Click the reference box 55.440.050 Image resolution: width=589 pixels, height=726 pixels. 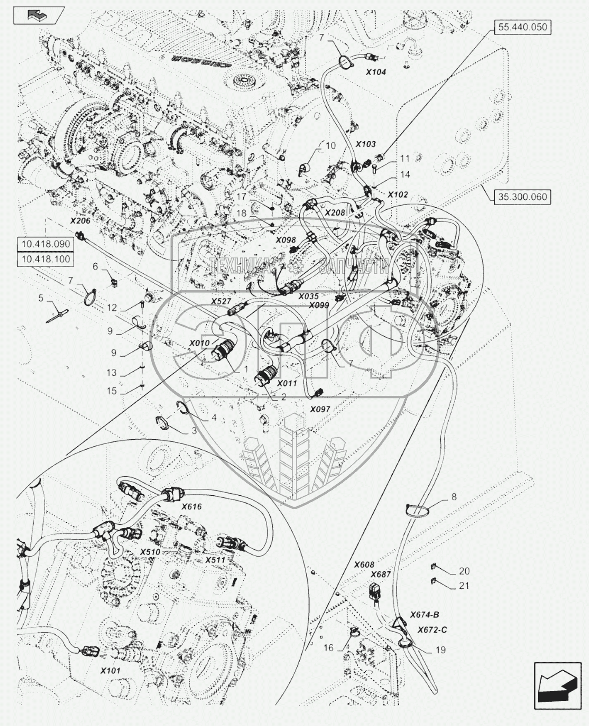coord(523,27)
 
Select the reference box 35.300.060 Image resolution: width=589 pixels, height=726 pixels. coord(523,197)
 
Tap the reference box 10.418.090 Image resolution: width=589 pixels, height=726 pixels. coord(46,244)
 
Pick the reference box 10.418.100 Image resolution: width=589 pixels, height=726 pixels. coord(46,259)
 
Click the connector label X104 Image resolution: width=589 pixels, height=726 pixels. coord(376,72)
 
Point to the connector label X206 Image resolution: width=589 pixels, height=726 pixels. coord(80,221)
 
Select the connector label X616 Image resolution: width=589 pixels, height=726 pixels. coord(192,507)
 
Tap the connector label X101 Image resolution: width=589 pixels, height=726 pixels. coord(110,671)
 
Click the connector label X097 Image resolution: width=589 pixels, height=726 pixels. coord(320,409)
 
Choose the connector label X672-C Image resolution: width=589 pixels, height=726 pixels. coord(432,630)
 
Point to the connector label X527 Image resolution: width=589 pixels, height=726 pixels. coord(222,302)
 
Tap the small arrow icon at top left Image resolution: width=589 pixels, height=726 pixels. coord(39,16)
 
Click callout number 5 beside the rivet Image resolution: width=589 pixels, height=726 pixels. coord(41,298)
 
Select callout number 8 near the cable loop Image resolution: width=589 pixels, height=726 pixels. coord(454,497)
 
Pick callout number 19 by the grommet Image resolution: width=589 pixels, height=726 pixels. coord(440,650)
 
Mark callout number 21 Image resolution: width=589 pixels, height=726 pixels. coord(464,586)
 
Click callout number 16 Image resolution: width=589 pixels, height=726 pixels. coord(328,648)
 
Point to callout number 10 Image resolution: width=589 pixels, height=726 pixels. coord(331,146)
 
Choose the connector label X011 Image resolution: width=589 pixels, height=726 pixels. coord(287,384)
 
